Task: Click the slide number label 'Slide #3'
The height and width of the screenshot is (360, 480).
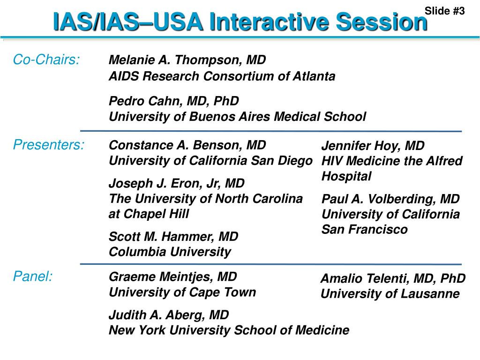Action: click(444, 11)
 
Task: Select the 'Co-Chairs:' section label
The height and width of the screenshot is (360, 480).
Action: click(46, 60)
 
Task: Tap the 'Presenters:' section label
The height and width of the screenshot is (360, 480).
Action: click(49, 145)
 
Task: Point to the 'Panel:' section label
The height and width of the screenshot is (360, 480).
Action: click(33, 277)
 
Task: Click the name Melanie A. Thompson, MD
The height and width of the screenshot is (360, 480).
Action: click(187, 60)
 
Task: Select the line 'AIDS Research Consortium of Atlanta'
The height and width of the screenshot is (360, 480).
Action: click(222, 76)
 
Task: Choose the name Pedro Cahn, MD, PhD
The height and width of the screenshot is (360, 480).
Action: click(173, 101)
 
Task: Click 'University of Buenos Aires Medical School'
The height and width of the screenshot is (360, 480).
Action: click(237, 116)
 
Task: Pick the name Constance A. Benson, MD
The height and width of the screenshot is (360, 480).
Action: click(187, 145)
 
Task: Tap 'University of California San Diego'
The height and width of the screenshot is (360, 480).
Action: click(210, 161)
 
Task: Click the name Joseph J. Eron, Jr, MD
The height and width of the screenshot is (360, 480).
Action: click(177, 183)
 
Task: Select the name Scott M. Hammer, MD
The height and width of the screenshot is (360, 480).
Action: click(173, 236)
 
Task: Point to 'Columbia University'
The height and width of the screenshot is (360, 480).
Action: click(170, 252)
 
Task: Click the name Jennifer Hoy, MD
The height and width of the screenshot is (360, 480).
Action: click(373, 146)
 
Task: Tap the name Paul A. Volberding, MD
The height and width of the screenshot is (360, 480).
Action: click(390, 199)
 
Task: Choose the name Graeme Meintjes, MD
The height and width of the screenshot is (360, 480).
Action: click(172, 277)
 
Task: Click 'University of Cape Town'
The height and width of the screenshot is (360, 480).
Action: click(182, 292)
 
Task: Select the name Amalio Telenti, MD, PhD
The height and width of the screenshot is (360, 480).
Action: click(393, 278)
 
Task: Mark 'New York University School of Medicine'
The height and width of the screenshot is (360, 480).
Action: click(229, 330)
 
